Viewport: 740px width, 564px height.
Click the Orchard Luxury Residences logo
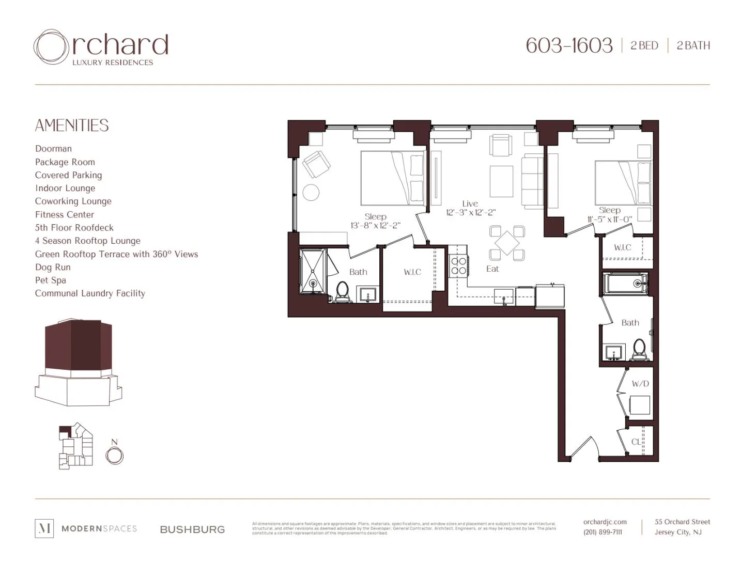(x=101, y=48)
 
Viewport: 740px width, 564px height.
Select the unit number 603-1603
(x=569, y=45)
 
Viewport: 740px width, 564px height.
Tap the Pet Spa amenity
(x=51, y=280)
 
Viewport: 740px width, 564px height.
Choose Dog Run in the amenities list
(x=53, y=267)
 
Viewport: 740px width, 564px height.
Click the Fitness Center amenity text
(x=65, y=214)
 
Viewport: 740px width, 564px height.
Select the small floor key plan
(x=75, y=446)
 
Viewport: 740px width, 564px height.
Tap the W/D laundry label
(x=640, y=384)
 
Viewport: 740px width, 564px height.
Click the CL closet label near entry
(x=636, y=442)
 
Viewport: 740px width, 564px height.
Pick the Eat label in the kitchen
(x=492, y=269)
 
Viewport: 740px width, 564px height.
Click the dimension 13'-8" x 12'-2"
(x=375, y=226)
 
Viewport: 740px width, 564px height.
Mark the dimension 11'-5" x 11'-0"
(x=609, y=219)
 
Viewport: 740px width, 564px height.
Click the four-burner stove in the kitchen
(x=458, y=265)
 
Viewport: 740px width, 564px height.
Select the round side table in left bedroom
(x=311, y=193)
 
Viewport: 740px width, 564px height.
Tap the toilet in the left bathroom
(x=342, y=291)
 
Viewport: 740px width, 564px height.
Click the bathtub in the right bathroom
(x=625, y=284)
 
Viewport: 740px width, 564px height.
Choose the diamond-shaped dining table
(x=507, y=243)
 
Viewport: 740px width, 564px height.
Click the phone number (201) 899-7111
(x=603, y=532)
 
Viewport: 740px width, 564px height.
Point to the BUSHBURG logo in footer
(x=192, y=529)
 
